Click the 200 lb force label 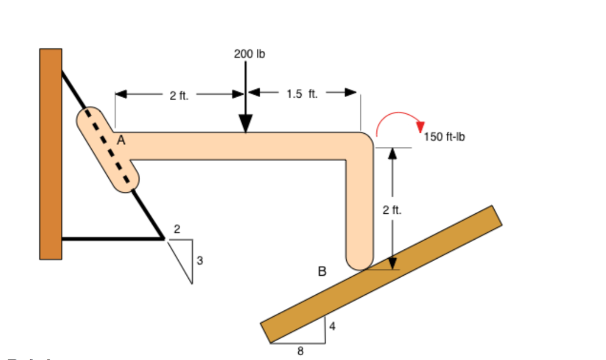click(x=249, y=54)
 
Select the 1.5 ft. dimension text click(x=302, y=94)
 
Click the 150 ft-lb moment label click(x=444, y=137)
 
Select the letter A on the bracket click(x=121, y=140)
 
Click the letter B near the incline click(x=322, y=272)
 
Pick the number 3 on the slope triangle click(x=200, y=260)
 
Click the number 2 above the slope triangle click(x=177, y=229)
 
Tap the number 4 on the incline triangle click(x=332, y=326)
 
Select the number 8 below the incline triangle click(x=300, y=351)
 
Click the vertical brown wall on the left click(x=51, y=154)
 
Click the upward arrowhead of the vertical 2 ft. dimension click(x=391, y=154)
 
